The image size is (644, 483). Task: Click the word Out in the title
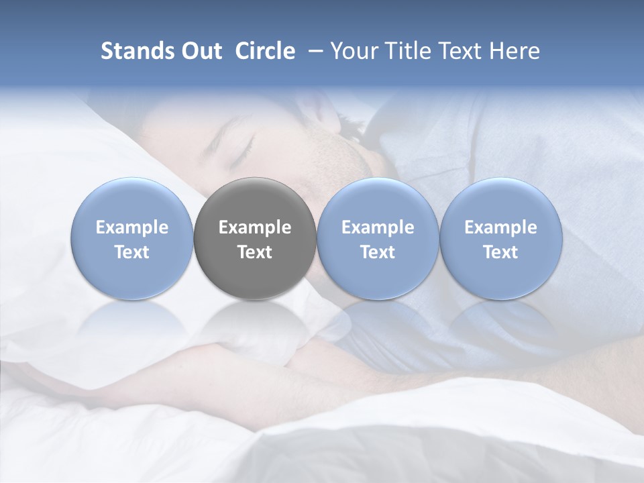click(200, 51)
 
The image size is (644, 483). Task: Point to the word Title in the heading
click(410, 51)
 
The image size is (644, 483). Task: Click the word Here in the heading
click(515, 51)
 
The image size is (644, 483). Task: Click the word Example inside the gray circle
click(255, 227)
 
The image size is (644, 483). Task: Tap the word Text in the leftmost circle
click(131, 252)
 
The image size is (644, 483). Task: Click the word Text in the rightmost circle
click(500, 252)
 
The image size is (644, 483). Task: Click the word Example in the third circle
click(378, 227)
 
